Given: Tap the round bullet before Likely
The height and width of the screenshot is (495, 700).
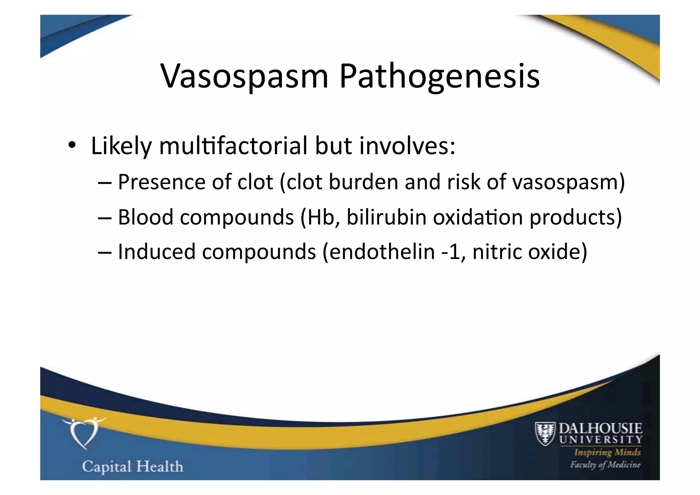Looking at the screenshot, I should (71, 145).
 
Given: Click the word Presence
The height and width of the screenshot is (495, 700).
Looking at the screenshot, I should (161, 182).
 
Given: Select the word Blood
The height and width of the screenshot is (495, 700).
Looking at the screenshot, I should (146, 217).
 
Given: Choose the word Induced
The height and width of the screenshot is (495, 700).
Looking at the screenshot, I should (157, 252).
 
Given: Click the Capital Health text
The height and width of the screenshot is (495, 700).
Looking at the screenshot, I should (133, 467).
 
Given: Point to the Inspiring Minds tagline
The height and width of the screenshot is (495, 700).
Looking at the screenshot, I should (607, 452).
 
